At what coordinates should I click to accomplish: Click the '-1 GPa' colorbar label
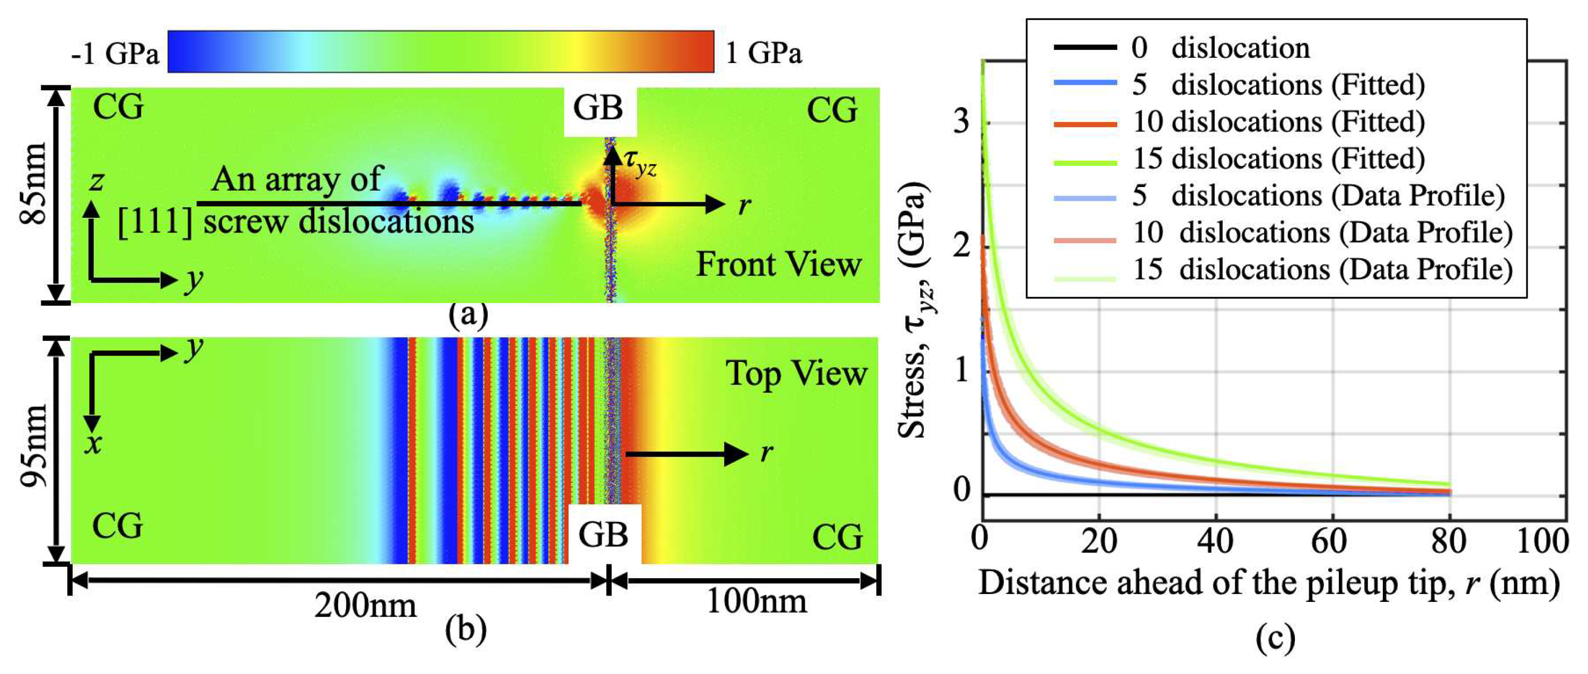114,54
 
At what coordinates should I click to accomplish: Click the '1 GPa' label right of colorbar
763,53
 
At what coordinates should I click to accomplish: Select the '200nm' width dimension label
365,606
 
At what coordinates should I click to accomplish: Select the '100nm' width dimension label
756,601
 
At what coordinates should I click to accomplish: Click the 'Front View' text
779,265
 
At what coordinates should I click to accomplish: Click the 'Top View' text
796,374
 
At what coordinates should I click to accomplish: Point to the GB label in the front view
598,109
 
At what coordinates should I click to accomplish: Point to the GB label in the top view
603,534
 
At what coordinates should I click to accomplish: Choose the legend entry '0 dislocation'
1240,48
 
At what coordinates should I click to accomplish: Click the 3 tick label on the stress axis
961,121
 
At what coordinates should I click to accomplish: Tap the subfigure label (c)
1275,638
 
